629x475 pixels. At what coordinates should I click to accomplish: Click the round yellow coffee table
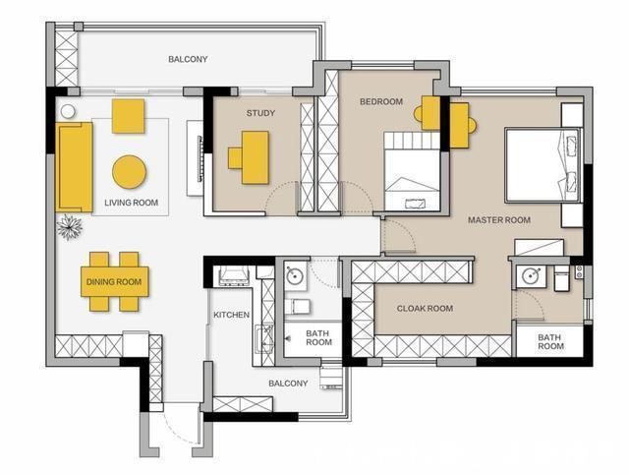pyautogui.click(x=129, y=172)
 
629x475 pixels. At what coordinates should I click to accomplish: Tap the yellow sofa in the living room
pyautogui.click(x=75, y=167)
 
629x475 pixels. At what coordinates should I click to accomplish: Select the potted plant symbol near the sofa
pyautogui.click(x=70, y=227)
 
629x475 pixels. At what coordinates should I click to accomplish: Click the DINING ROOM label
pyautogui.click(x=114, y=282)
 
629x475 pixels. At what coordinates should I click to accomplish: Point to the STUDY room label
pyautogui.click(x=260, y=113)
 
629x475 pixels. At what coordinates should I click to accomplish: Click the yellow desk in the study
pyautogui.click(x=256, y=157)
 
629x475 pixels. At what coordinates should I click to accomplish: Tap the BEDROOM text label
pyautogui.click(x=381, y=101)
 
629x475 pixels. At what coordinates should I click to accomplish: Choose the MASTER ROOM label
pyautogui.click(x=499, y=220)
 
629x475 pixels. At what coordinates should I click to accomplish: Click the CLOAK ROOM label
pyautogui.click(x=425, y=309)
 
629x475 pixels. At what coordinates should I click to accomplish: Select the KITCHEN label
pyautogui.click(x=232, y=315)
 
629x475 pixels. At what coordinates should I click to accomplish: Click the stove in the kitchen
pyautogui.click(x=234, y=276)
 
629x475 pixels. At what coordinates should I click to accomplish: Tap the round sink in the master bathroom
pyautogui.click(x=532, y=275)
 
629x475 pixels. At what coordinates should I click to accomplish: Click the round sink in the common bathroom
pyautogui.click(x=295, y=275)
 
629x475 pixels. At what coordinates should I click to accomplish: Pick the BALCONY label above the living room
pyautogui.click(x=188, y=59)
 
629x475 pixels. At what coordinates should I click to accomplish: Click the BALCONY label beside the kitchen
pyautogui.click(x=288, y=384)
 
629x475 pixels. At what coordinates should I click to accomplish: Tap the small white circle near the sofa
pyautogui.click(x=68, y=111)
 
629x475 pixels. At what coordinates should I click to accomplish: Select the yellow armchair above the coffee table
pyautogui.click(x=128, y=116)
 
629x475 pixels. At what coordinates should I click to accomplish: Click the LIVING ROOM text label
pyautogui.click(x=131, y=203)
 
